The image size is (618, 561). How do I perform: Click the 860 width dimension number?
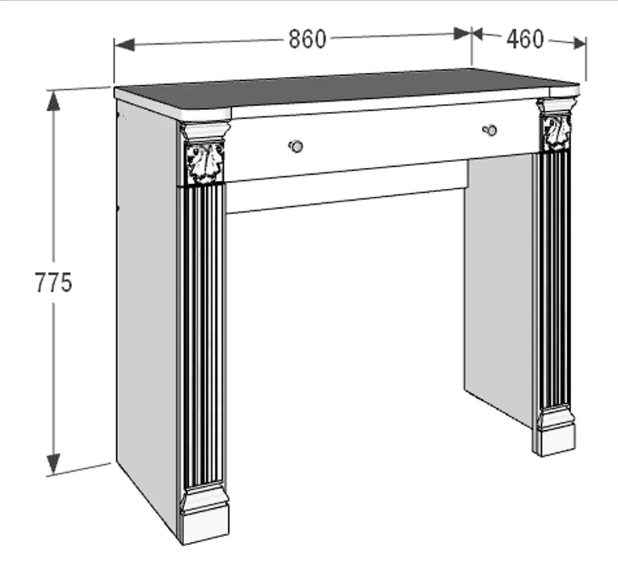coord(308,39)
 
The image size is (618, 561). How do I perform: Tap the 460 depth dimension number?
coord(525,39)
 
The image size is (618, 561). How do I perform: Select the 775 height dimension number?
coord(53,282)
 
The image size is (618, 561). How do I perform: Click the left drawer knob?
coord(296,146)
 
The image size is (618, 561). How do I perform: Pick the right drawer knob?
coord(490,129)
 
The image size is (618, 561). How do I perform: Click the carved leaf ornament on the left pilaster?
coord(205,163)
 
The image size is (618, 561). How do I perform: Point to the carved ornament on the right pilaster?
coord(557,133)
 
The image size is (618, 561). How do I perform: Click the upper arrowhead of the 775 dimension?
coord(53,101)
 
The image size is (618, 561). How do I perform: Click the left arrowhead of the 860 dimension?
coord(124,45)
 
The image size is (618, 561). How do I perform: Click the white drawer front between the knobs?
coord(390,139)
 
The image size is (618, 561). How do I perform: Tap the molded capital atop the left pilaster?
coord(204,132)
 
